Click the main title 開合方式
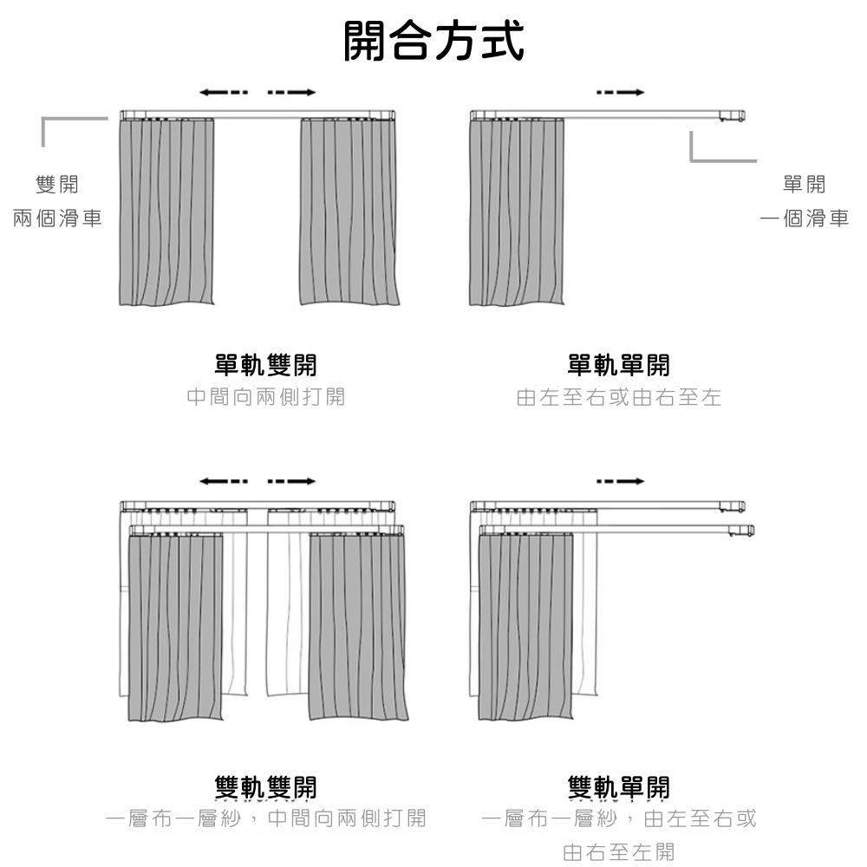click(x=433, y=42)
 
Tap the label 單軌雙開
click(x=265, y=365)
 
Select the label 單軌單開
click(x=618, y=365)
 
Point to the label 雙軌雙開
click(x=265, y=786)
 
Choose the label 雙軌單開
click(x=618, y=786)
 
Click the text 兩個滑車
click(x=57, y=218)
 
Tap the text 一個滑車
click(x=804, y=218)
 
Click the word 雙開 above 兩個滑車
click(x=57, y=184)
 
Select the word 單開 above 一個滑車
click(x=804, y=184)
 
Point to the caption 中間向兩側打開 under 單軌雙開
click(x=265, y=397)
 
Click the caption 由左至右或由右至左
click(x=618, y=397)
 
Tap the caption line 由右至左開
click(x=618, y=851)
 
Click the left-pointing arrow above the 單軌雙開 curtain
click(x=223, y=92)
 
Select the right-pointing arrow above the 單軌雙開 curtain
click(x=292, y=92)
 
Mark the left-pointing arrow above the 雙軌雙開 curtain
click(x=223, y=480)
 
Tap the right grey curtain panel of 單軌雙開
click(x=349, y=212)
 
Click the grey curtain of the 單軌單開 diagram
click(x=517, y=212)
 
